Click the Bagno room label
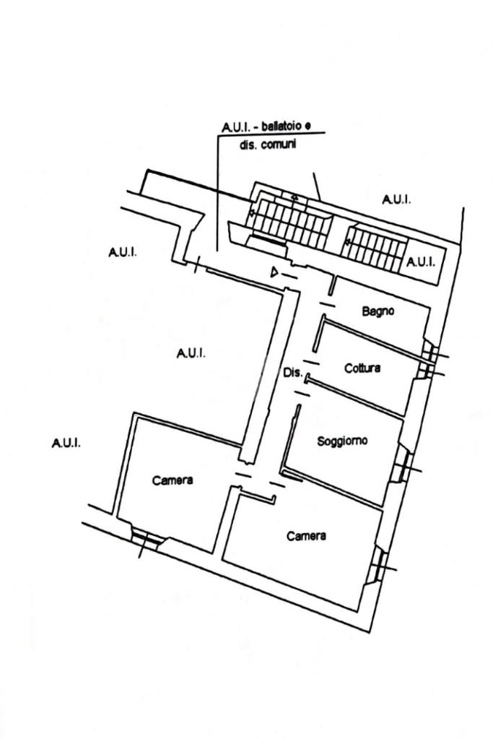(x=378, y=311)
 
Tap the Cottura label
(x=362, y=368)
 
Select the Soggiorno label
(x=342, y=441)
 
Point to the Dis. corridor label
(x=292, y=373)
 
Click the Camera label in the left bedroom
(x=173, y=480)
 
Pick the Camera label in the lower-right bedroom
(x=306, y=536)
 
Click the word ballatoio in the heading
(x=282, y=127)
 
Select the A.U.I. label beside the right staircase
(x=421, y=262)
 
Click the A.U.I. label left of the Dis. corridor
(x=191, y=353)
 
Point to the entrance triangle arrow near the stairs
(x=274, y=272)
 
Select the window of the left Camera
(x=145, y=538)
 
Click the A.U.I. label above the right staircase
(x=396, y=199)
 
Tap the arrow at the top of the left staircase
(x=293, y=196)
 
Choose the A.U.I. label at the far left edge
(x=66, y=443)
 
